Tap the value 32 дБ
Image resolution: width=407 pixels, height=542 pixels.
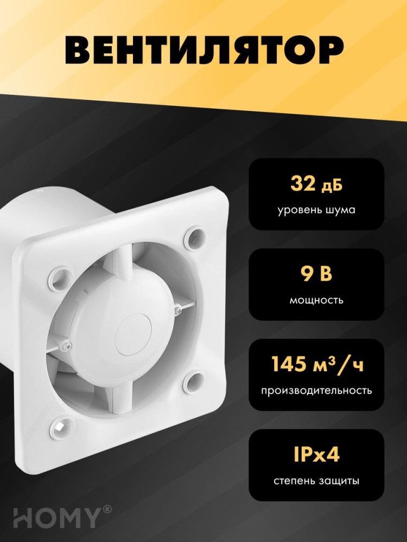[x=317, y=185]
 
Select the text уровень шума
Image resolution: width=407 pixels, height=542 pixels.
[x=317, y=209]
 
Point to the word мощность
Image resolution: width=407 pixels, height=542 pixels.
[x=317, y=299]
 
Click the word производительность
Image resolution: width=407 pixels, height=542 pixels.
[x=317, y=390]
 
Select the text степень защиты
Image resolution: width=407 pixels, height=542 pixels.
[x=317, y=480]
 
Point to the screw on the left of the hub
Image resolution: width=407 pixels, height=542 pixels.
[x=66, y=345]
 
